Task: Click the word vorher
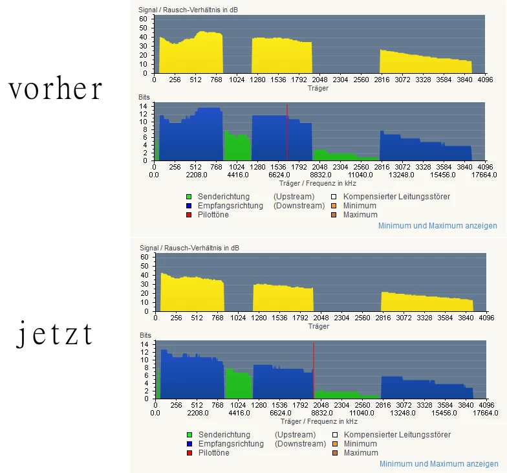[56, 89]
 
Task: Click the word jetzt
[54, 335]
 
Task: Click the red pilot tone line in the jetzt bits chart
[314, 370]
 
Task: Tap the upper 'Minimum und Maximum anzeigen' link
[438, 226]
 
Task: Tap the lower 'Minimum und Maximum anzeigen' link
[438, 464]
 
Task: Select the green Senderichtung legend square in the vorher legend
[189, 197]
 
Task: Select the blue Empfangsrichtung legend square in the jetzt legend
[189, 444]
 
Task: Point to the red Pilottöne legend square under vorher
[189, 215]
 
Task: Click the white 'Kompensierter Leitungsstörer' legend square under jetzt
[334, 435]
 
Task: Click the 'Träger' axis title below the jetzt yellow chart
[318, 326]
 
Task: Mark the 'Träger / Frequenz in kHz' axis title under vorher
[319, 183]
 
